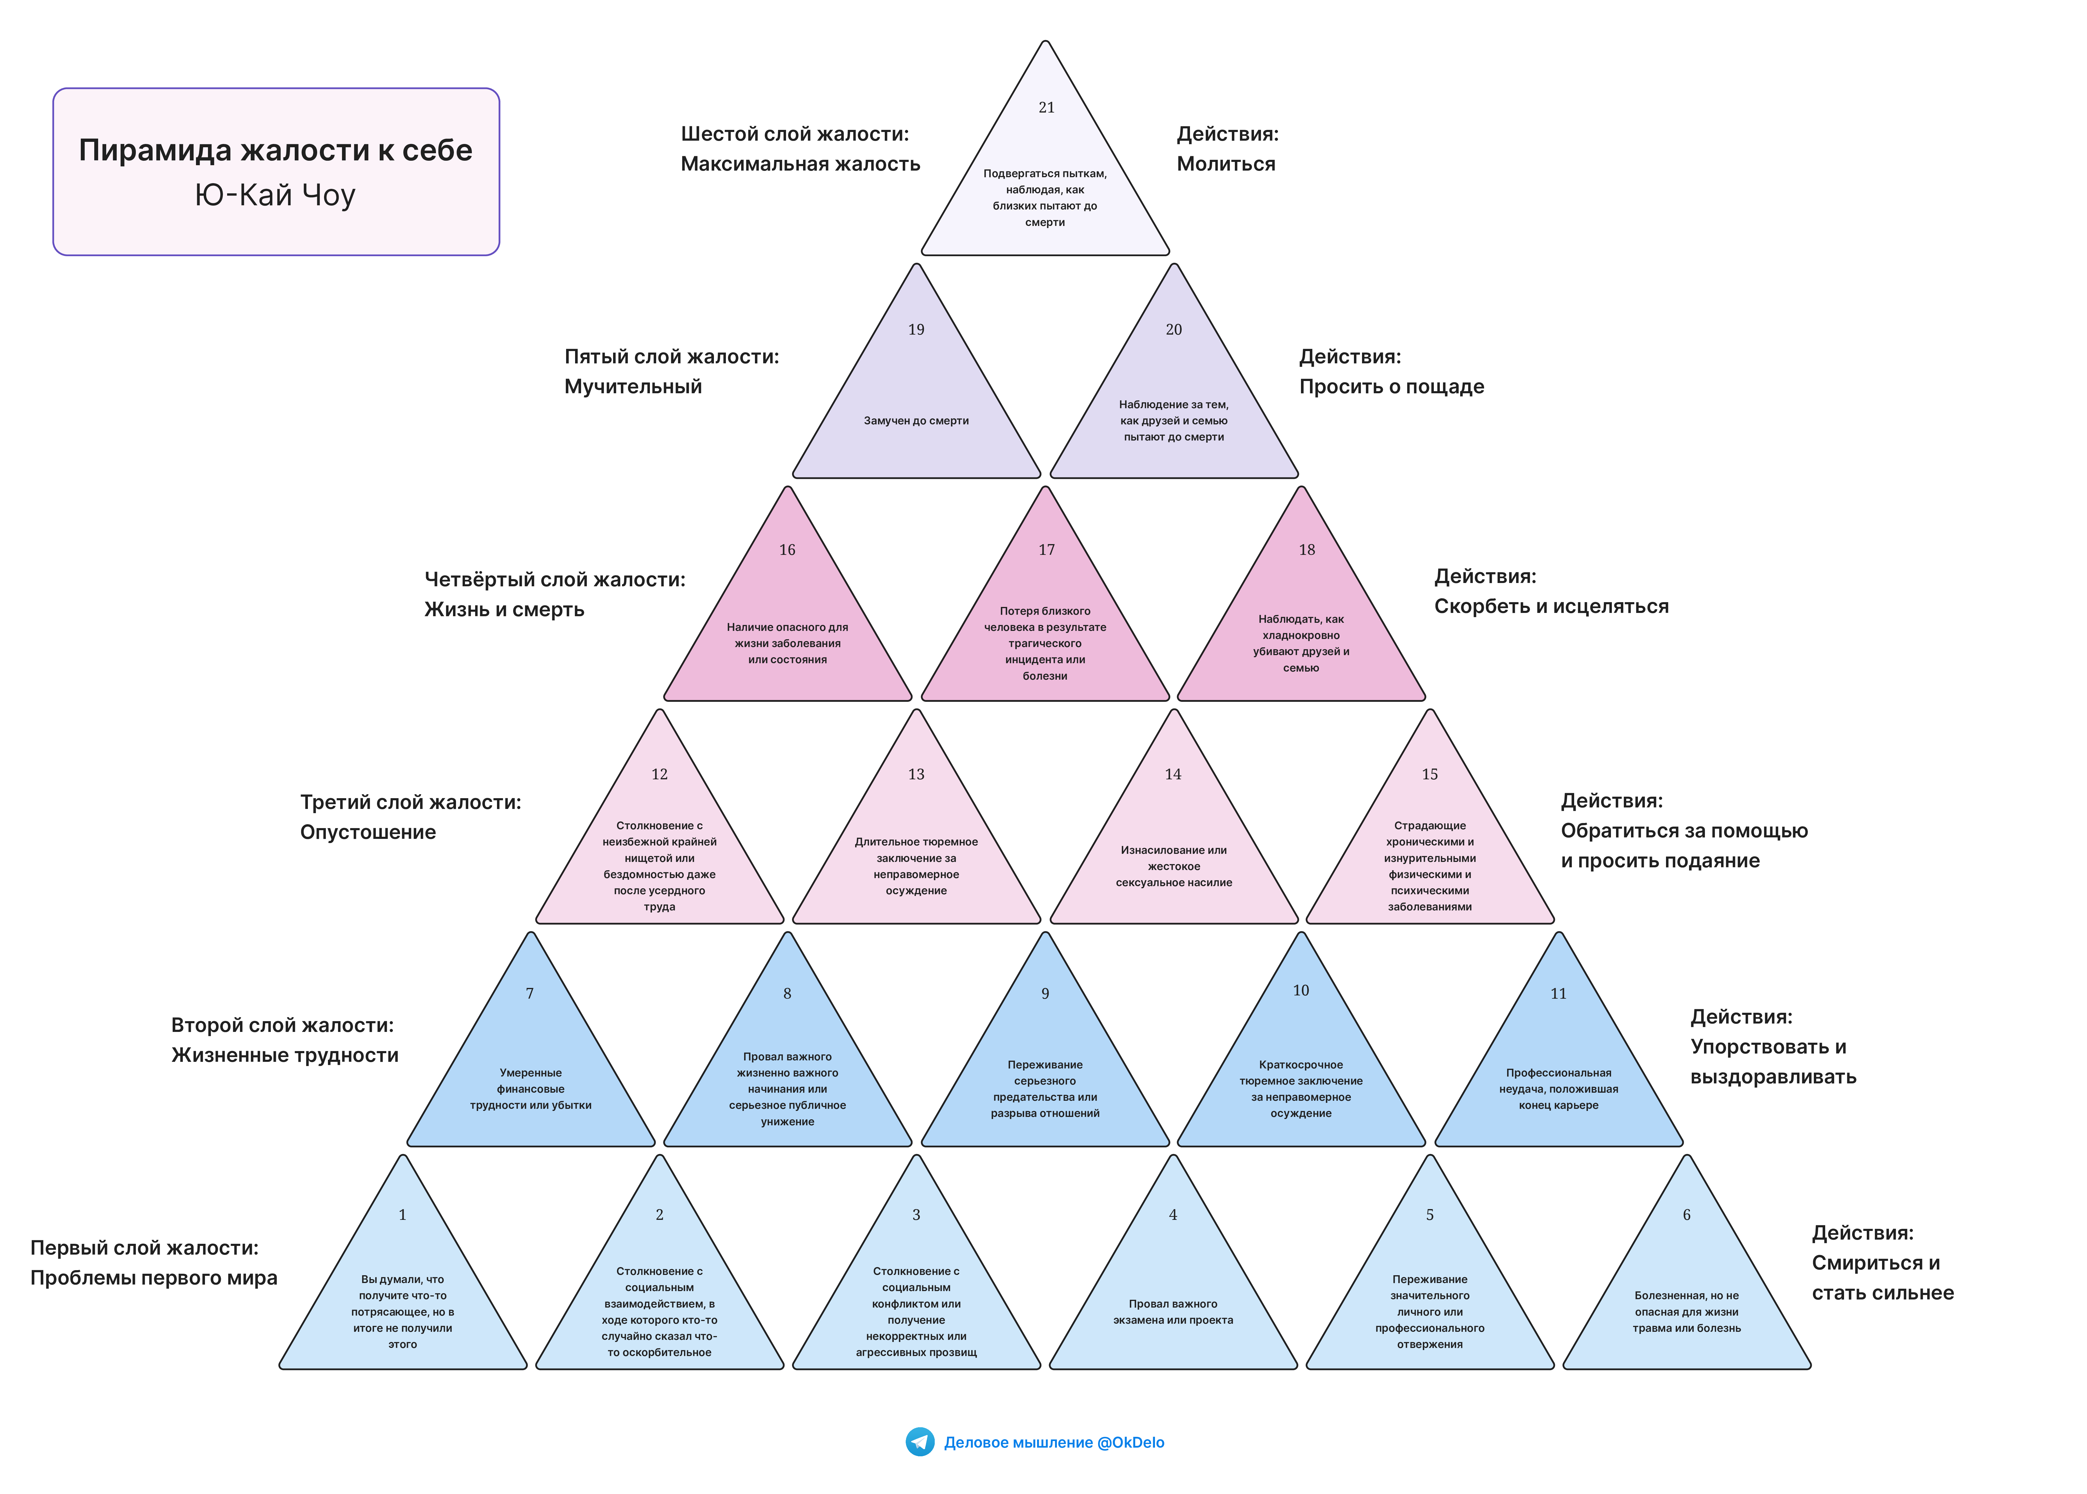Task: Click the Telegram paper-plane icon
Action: click(920, 1442)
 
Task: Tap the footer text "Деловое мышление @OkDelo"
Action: click(1054, 1443)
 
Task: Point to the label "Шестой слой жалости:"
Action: click(795, 134)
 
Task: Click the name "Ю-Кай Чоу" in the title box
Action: click(275, 195)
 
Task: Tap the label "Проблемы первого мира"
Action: click(154, 1278)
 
